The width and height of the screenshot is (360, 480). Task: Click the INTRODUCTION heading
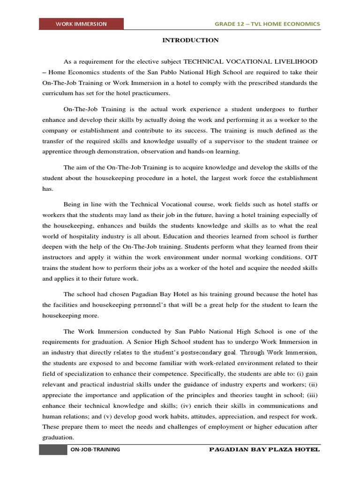tap(190, 40)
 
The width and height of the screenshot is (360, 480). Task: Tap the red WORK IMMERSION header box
tap(82, 24)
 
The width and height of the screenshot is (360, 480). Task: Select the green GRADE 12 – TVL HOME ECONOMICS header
tap(267, 24)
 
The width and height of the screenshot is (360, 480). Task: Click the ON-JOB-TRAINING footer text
tap(95, 450)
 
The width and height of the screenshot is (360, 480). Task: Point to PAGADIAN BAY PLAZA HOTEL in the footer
tap(264, 450)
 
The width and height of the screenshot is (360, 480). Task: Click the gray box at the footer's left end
tap(52, 450)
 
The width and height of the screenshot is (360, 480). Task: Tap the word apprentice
tap(58, 152)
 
